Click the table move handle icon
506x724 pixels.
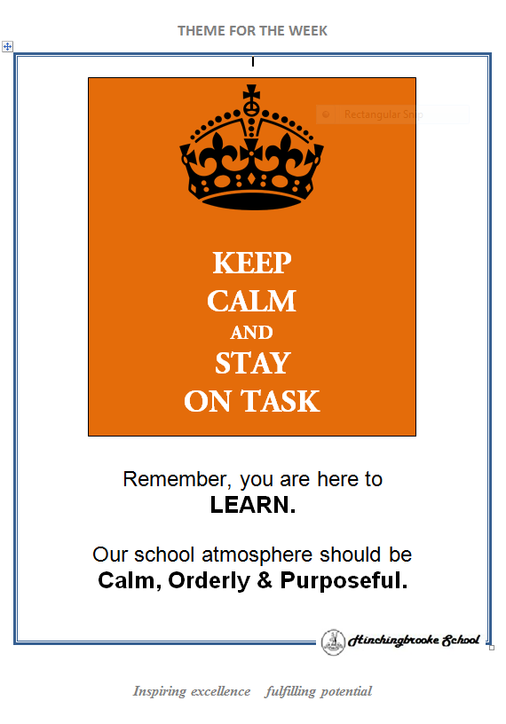pos(7,46)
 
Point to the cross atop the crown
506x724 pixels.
pos(251,93)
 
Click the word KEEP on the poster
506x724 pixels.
pos(252,263)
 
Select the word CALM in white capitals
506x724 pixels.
pos(251,301)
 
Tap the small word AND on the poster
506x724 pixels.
pos(251,333)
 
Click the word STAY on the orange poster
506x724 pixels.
pos(252,363)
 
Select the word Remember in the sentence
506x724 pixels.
pos(177,480)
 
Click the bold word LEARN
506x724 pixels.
pos(253,505)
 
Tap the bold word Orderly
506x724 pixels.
pos(209,580)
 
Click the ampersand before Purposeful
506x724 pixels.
pos(265,580)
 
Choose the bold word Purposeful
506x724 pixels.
pos(344,580)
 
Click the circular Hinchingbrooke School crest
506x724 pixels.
pos(333,641)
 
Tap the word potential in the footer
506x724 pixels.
pos(346,692)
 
